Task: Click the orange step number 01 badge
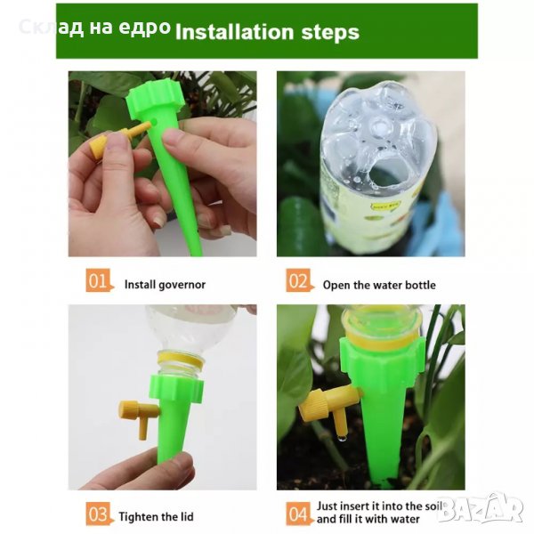[99, 280]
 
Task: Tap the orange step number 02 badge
[299, 280]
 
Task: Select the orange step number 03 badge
[99, 514]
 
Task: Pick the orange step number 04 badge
[299, 514]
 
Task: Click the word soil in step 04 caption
[433, 506]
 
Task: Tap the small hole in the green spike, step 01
[155, 121]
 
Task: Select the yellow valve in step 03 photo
[138, 417]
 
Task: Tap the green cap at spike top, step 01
[153, 100]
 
